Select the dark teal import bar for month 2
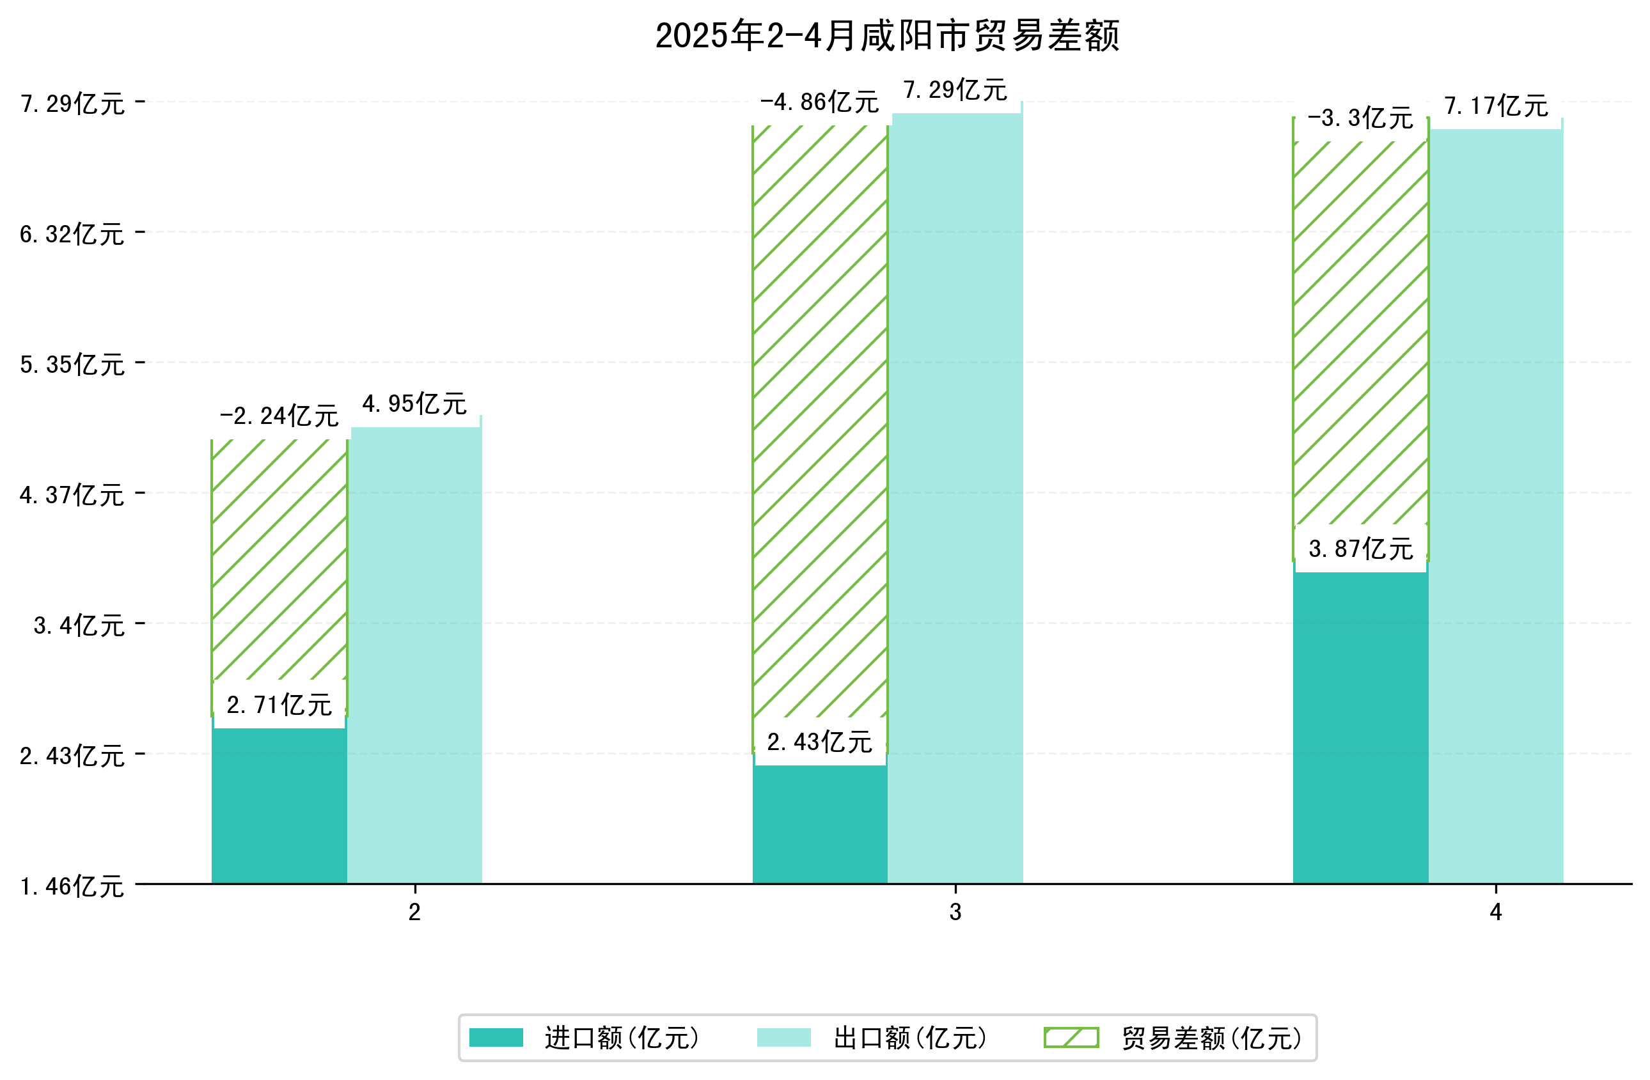[279, 804]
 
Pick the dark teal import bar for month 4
[1360, 728]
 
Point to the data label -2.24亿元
[279, 416]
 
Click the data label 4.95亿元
[414, 403]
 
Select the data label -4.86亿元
[819, 102]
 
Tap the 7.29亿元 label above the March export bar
[955, 90]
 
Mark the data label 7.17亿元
[1495, 106]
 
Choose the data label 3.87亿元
[1360, 549]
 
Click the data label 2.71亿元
[279, 705]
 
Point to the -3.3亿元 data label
[1360, 118]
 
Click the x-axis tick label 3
[955, 912]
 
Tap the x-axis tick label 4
[1495, 912]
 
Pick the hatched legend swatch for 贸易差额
[1071, 1038]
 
